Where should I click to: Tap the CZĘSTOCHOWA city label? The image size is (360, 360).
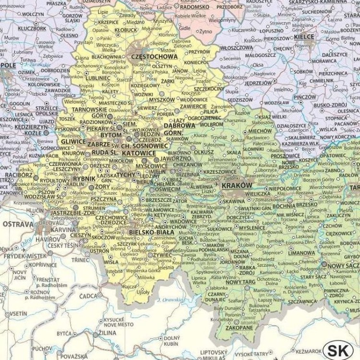tap(155, 56)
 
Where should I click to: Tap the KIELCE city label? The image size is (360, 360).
tap(304, 37)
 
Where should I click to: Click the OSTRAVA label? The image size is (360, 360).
tap(18, 224)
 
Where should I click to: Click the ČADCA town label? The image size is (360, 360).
tap(89, 296)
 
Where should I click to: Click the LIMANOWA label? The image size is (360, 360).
tap(301, 253)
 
